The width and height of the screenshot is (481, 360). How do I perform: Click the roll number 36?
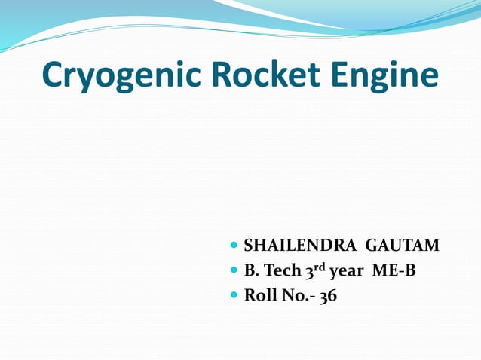[328, 296]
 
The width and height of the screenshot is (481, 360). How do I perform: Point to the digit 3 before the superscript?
[309, 272]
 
